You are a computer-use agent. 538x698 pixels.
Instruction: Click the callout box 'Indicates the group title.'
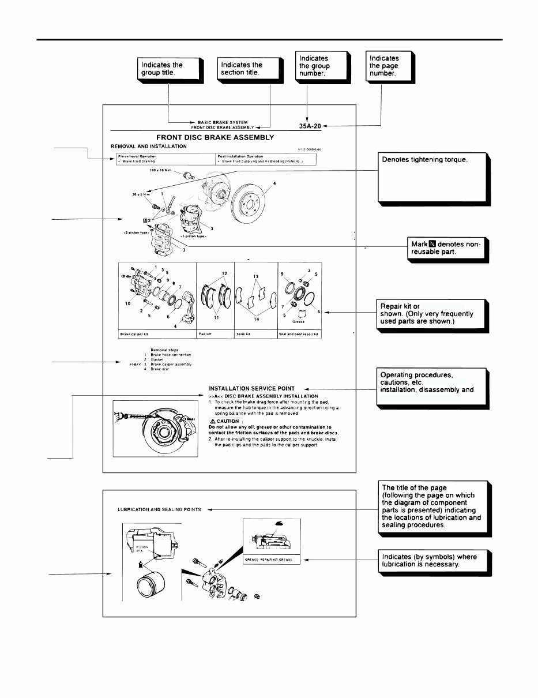coord(169,69)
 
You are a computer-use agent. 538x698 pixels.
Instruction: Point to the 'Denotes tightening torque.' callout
coord(432,177)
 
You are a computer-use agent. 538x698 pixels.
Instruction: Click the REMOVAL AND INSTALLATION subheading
coord(149,146)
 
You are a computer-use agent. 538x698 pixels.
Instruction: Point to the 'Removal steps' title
coord(164,350)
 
